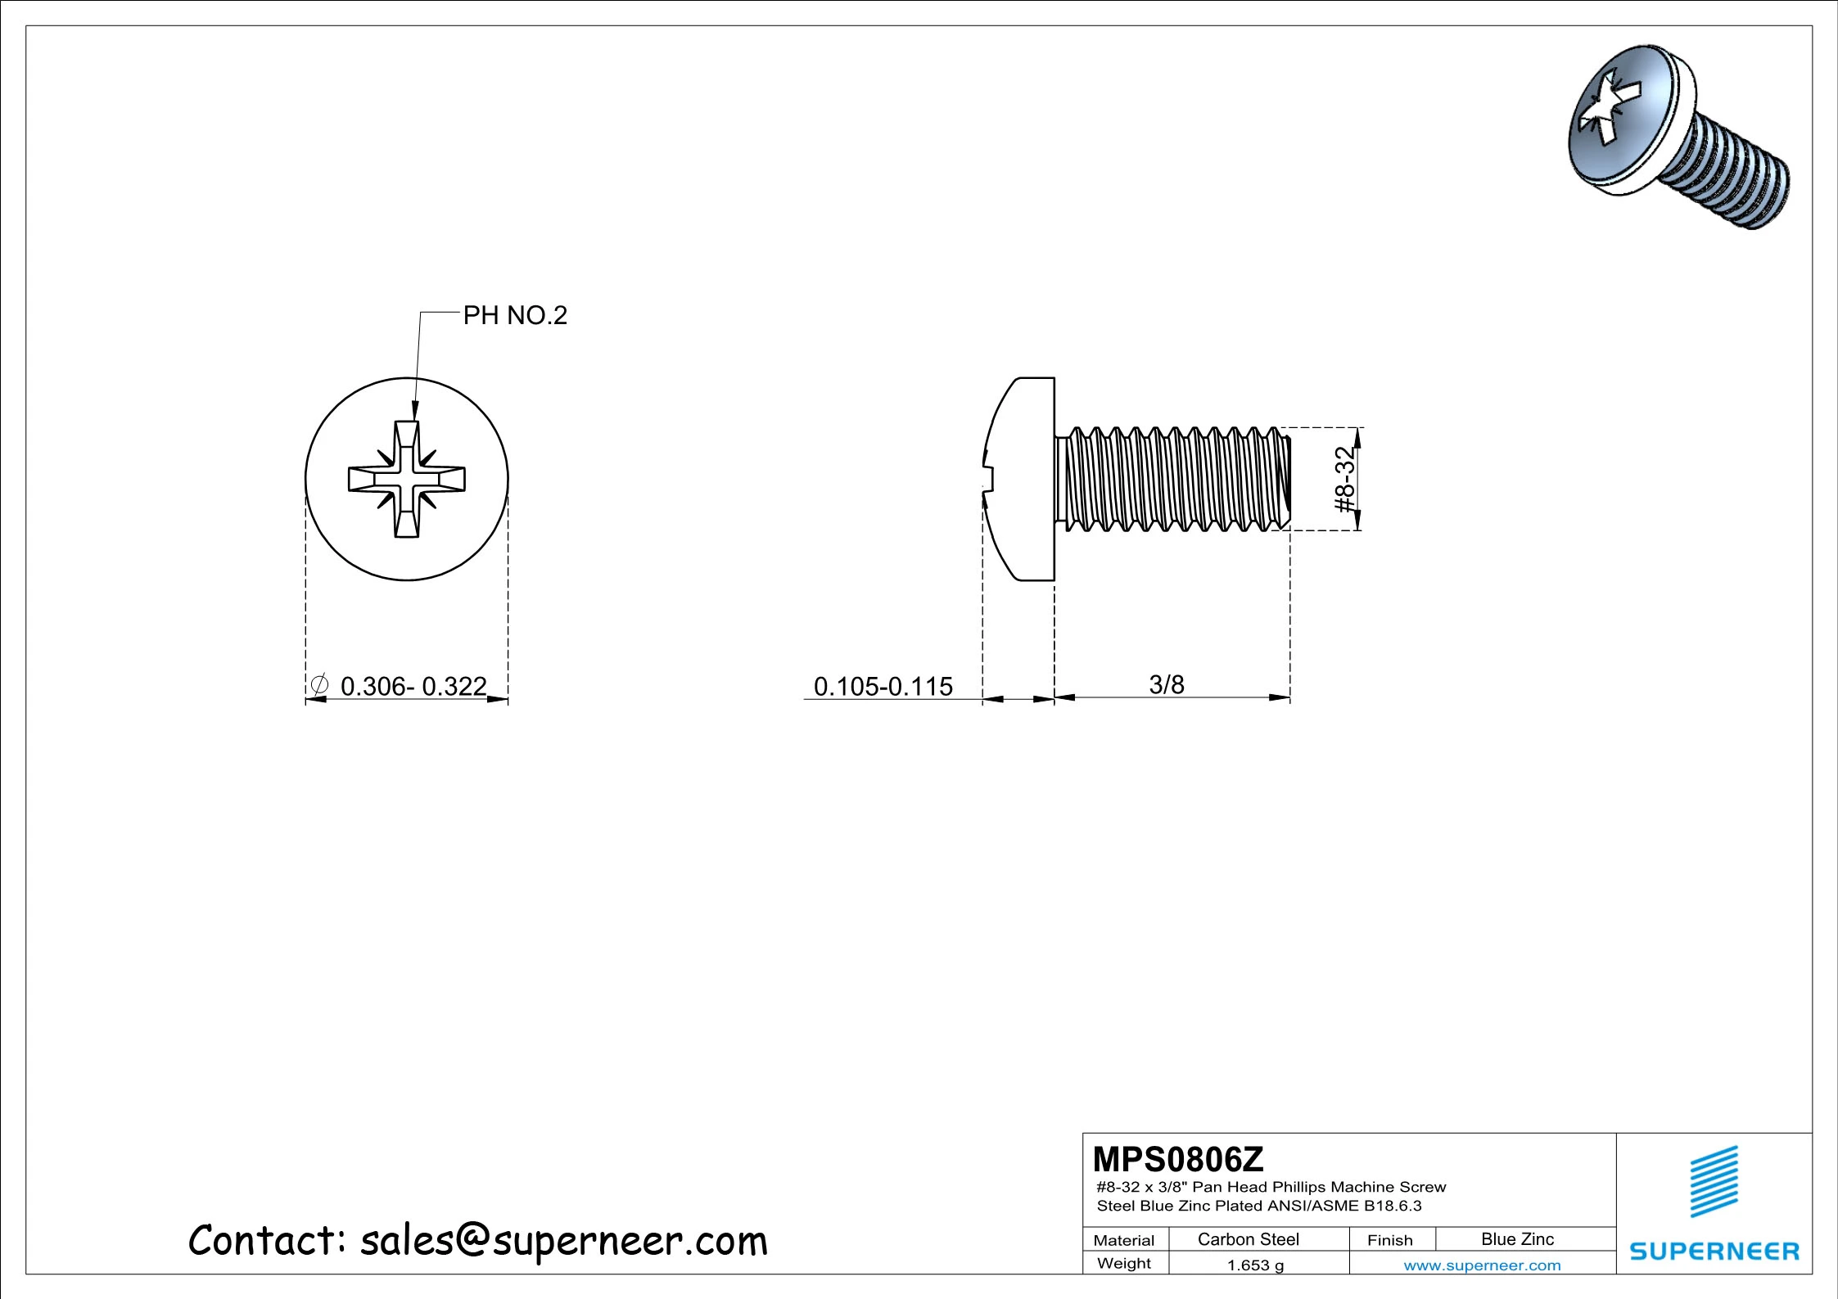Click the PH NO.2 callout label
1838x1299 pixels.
coord(515,315)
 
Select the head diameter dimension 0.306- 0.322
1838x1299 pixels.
coord(413,686)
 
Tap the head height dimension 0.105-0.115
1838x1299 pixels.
coord(883,686)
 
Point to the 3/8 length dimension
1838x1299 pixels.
coord(1167,684)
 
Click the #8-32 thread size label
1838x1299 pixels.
coord(1344,480)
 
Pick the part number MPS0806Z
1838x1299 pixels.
coord(1178,1159)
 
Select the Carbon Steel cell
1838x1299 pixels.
coord(1248,1239)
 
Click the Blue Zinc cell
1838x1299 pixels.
coord(1517,1239)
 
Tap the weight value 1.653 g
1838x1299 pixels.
coord(1255,1265)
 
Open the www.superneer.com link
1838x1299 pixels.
coord(1482,1265)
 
